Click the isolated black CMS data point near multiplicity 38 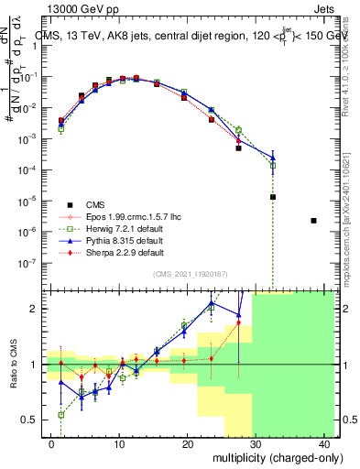(314, 221)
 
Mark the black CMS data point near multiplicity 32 (273, 197)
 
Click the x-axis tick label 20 (187, 444)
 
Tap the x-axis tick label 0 (51, 444)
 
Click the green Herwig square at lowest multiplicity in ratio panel (61, 415)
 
